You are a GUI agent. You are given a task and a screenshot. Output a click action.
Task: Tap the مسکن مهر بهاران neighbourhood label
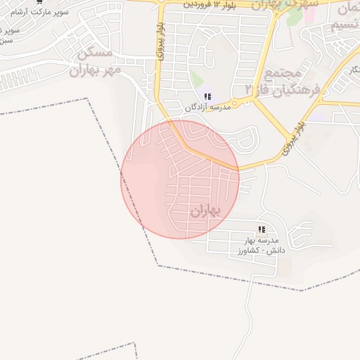pos(95,62)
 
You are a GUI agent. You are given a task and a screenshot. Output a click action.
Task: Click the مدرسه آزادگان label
pos(207,108)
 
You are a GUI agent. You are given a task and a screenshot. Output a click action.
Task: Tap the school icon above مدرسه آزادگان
pos(207,96)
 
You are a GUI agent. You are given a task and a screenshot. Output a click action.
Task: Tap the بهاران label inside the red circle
pos(205,210)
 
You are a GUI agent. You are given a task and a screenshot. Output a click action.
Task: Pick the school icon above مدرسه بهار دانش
pos(262,229)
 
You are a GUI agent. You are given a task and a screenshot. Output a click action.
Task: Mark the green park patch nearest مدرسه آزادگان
pos(196,78)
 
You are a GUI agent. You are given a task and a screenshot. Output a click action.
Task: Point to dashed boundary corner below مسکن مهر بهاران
pos(89,99)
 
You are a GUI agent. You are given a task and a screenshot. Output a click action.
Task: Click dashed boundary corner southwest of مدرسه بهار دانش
pos(157,266)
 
